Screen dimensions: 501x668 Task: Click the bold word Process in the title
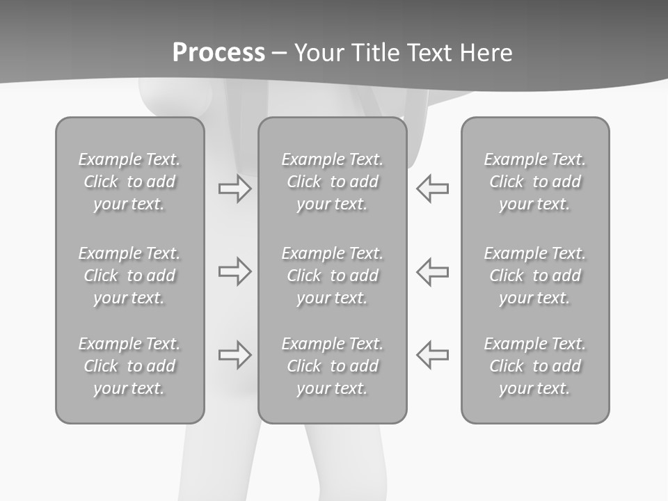click(218, 53)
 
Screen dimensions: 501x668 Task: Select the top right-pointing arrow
click(234, 189)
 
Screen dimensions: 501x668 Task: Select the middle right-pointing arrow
click(234, 271)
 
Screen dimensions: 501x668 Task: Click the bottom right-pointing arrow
click(234, 354)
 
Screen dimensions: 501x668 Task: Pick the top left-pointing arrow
click(432, 189)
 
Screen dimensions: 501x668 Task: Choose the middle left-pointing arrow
click(432, 271)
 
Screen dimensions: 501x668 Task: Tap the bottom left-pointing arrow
click(432, 354)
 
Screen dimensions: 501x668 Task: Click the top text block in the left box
click(129, 182)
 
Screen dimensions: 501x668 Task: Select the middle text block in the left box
click(129, 276)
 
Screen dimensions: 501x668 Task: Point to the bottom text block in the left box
click(129, 366)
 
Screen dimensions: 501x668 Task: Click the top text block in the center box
click(332, 182)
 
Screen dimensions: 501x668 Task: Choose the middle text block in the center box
click(332, 276)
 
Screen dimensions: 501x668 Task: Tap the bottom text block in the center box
click(332, 366)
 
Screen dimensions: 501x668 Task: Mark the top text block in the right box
click(534, 182)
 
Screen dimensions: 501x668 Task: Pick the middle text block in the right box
click(534, 276)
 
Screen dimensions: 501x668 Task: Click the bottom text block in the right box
click(534, 366)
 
